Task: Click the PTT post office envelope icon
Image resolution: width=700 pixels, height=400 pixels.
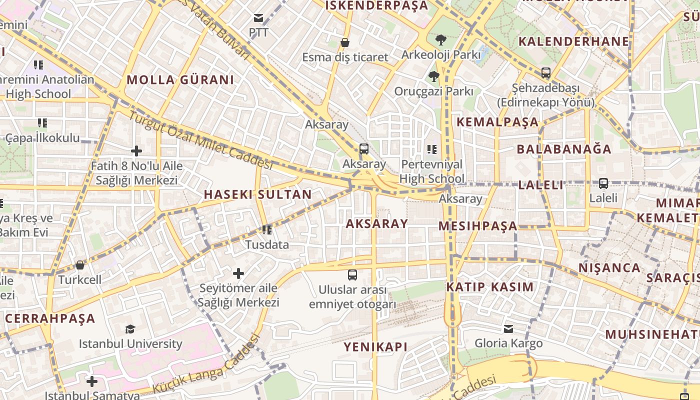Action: pyautogui.click(x=258, y=18)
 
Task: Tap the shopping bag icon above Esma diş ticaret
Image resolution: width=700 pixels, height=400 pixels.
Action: pyautogui.click(x=344, y=42)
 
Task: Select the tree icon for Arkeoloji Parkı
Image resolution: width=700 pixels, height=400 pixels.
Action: pyautogui.click(x=440, y=40)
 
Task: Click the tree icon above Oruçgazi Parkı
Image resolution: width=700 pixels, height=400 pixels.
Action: pyautogui.click(x=433, y=76)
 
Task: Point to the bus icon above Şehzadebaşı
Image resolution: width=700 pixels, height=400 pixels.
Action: pyautogui.click(x=545, y=73)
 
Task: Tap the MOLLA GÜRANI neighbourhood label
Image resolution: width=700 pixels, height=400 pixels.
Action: pyautogui.click(x=180, y=80)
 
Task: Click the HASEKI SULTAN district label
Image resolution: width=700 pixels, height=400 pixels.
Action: pyautogui.click(x=257, y=194)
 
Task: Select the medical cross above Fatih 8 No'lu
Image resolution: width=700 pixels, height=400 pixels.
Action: pyautogui.click(x=136, y=150)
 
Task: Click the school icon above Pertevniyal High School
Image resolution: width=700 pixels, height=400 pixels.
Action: pyautogui.click(x=432, y=149)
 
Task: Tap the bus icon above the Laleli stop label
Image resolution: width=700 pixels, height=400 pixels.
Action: pyautogui.click(x=603, y=183)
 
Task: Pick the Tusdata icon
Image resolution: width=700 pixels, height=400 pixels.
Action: pyautogui.click(x=267, y=230)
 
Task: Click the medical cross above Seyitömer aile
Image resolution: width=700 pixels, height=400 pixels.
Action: pyautogui.click(x=238, y=273)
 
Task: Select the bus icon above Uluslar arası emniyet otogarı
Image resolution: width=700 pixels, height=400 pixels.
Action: pyautogui.click(x=352, y=274)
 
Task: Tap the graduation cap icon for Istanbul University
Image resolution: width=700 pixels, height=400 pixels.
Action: pyautogui.click(x=130, y=329)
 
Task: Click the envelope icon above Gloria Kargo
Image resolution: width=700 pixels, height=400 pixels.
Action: pyautogui.click(x=508, y=328)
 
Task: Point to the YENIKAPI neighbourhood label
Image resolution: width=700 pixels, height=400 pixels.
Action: pyautogui.click(x=375, y=346)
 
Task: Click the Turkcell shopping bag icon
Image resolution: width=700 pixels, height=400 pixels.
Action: pyautogui.click(x=79, y=265)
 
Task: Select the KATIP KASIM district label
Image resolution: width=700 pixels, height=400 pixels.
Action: pyautogui.click(x=489, y=287)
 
